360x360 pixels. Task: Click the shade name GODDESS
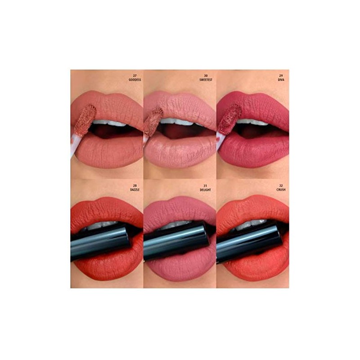pyautogui.click(x=135, y=79)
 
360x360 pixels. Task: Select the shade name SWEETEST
pyautogui.click(x=207, y=79)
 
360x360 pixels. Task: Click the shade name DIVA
pyautogui.click(x=282, y=79)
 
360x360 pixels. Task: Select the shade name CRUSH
pyautogui.click(x=281, y=189)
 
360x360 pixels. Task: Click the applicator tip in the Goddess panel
pyautogui.click(x=85, y=118)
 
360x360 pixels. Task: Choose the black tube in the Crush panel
pyautogui.click(x=250, y=243)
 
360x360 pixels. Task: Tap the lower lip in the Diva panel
pyautogui.click(x=254, y=151)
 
